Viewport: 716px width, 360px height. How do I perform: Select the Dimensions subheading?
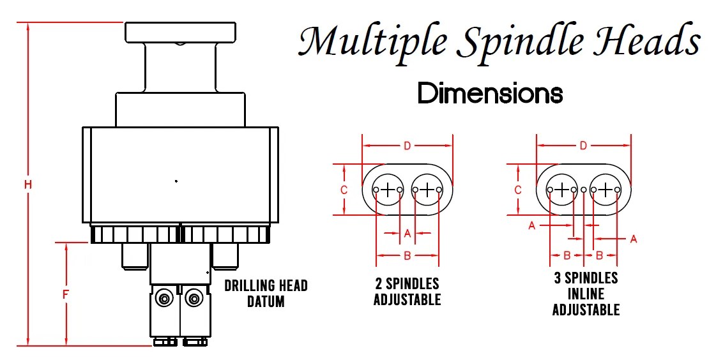[490, 94]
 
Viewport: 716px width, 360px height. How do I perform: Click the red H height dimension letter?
[28, 184]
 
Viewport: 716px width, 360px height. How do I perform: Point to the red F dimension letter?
[66, 295]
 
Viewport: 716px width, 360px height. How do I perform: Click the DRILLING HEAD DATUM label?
[266, 293]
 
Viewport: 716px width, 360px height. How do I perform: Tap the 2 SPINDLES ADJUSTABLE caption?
[408, 291]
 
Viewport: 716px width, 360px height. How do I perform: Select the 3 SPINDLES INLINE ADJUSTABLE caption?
[586, 294]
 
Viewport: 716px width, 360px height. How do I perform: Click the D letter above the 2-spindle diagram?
[408, 146]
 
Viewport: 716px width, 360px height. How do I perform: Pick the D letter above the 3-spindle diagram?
[583, 146]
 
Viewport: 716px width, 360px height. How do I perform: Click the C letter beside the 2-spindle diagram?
[344, 190]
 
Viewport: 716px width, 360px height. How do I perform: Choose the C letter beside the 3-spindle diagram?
[518, 190]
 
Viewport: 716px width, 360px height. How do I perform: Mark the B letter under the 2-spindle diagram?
[408, 255]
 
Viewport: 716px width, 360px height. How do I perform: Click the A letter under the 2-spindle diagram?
[408, 234]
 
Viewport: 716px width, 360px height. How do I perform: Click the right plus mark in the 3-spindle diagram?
[606, 189]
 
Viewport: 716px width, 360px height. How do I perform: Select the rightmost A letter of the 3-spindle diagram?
[634, 239]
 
